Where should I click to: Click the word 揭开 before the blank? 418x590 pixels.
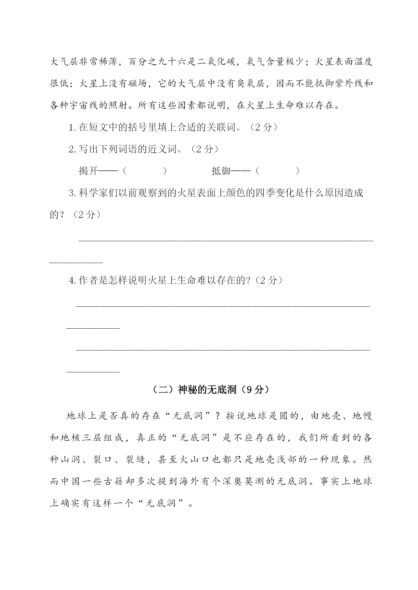(88, 171)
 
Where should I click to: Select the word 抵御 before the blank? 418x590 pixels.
(221, 171)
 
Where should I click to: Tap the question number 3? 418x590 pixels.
(72, 193)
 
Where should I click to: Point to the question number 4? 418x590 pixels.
(72, 280)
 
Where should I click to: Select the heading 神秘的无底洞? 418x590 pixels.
(207, 390)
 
